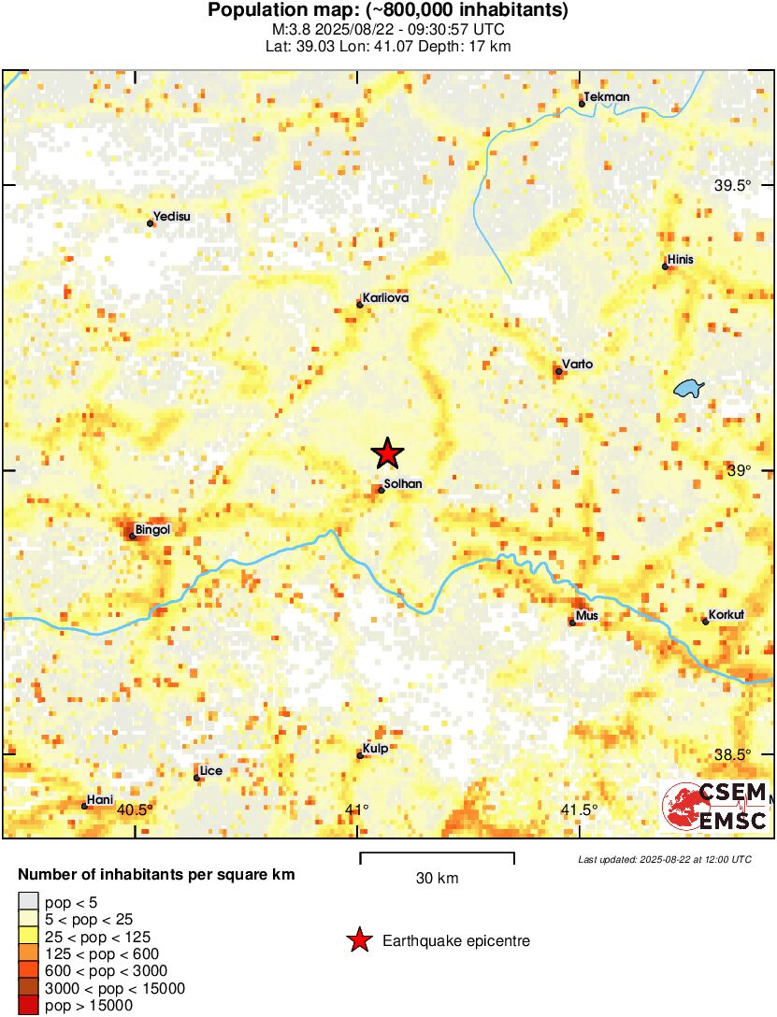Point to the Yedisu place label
point(172,217)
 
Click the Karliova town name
point(386,298)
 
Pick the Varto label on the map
point(578,365)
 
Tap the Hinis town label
point(680,260)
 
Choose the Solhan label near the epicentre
point(404,484)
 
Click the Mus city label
point(587,616)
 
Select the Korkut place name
point(727,615)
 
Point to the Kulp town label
point(376,749)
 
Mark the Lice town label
point(210,771)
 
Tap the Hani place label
point(99,800)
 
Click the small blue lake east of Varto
point(689,388)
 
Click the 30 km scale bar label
point(437,879)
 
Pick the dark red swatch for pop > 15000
point(28,1006)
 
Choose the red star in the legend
point(358,941)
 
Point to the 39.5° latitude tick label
point(733,186)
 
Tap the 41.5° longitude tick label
point(579,809)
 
